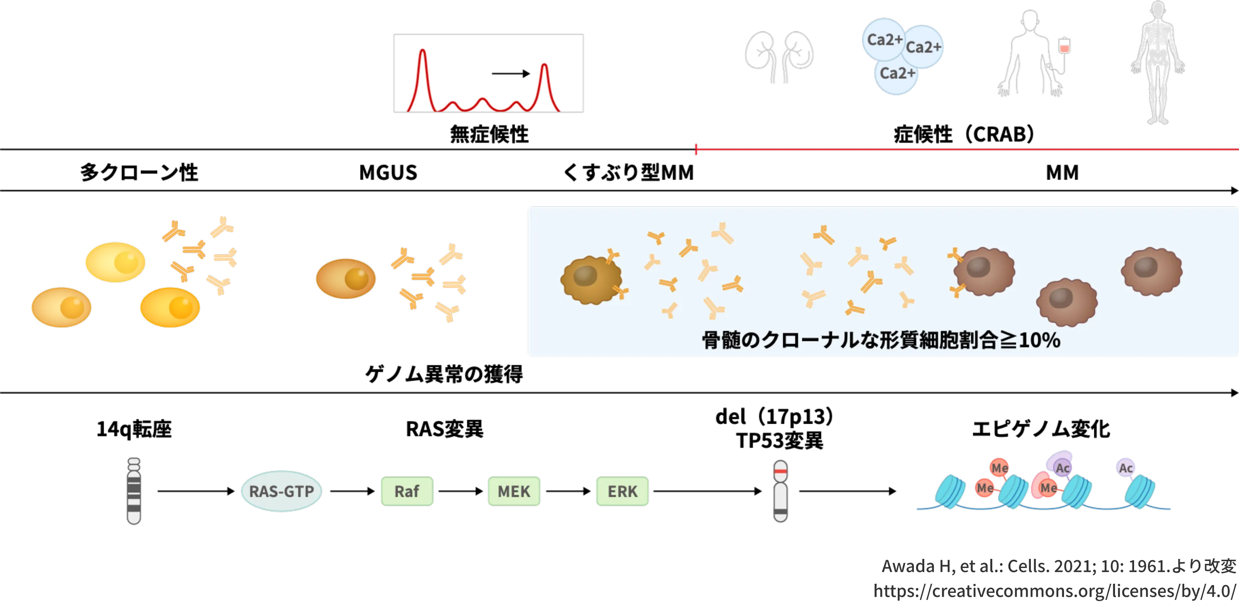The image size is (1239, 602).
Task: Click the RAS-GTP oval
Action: click(x=281, y=491)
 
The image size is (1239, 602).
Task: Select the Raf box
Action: click(x=406, y=491)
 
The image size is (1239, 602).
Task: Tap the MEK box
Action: click(x=514, y=491)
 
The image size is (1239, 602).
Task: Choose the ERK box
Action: click(x=622, y=491)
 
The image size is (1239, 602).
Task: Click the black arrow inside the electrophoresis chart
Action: click(x=510, y=73)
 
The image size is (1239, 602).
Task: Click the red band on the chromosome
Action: click(x=781, y=472)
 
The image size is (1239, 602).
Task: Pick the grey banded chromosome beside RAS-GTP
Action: click(x=134, y=491)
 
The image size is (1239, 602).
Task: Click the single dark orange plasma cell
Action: click(x=346, y=279)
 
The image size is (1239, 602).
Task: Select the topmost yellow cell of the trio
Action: click(x=115, y=262)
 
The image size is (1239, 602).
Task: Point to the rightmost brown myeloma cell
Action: click(x=1152, y=271)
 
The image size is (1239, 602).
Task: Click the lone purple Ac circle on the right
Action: click(x=1125, y=468)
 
